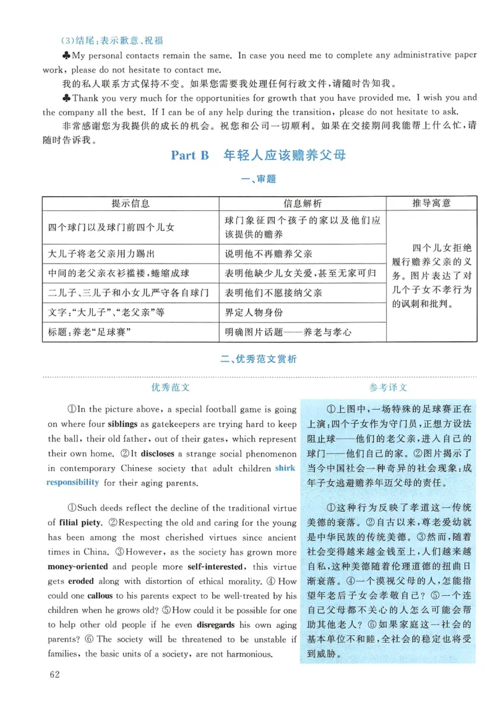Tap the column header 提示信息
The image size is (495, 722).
[x=131, y=203]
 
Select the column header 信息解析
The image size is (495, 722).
[x=303, y=203]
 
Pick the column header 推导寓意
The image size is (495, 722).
[x=431, y=203]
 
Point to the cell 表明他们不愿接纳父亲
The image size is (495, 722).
[x=273, y=292]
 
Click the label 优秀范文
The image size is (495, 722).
[x=170, y=387]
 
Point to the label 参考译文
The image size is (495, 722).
[x=389, y=387]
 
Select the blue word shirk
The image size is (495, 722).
[x=285, y=468]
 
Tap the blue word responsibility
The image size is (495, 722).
[x=72, y=483]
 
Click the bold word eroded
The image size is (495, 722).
[x=81, y=581]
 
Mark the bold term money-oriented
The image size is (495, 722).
[x=77, y=566]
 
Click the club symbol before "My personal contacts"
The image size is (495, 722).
[x=67, y=55]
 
